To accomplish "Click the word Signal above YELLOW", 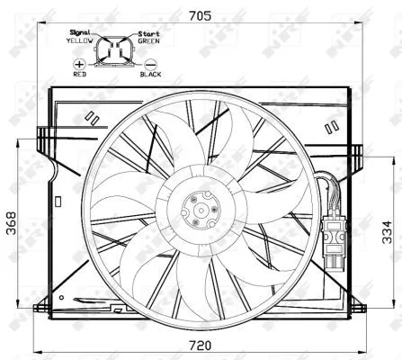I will coord(82,32).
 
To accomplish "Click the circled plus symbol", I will coord(80,66).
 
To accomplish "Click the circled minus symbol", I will coord(150,66).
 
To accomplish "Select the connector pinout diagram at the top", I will coord(115,52).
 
